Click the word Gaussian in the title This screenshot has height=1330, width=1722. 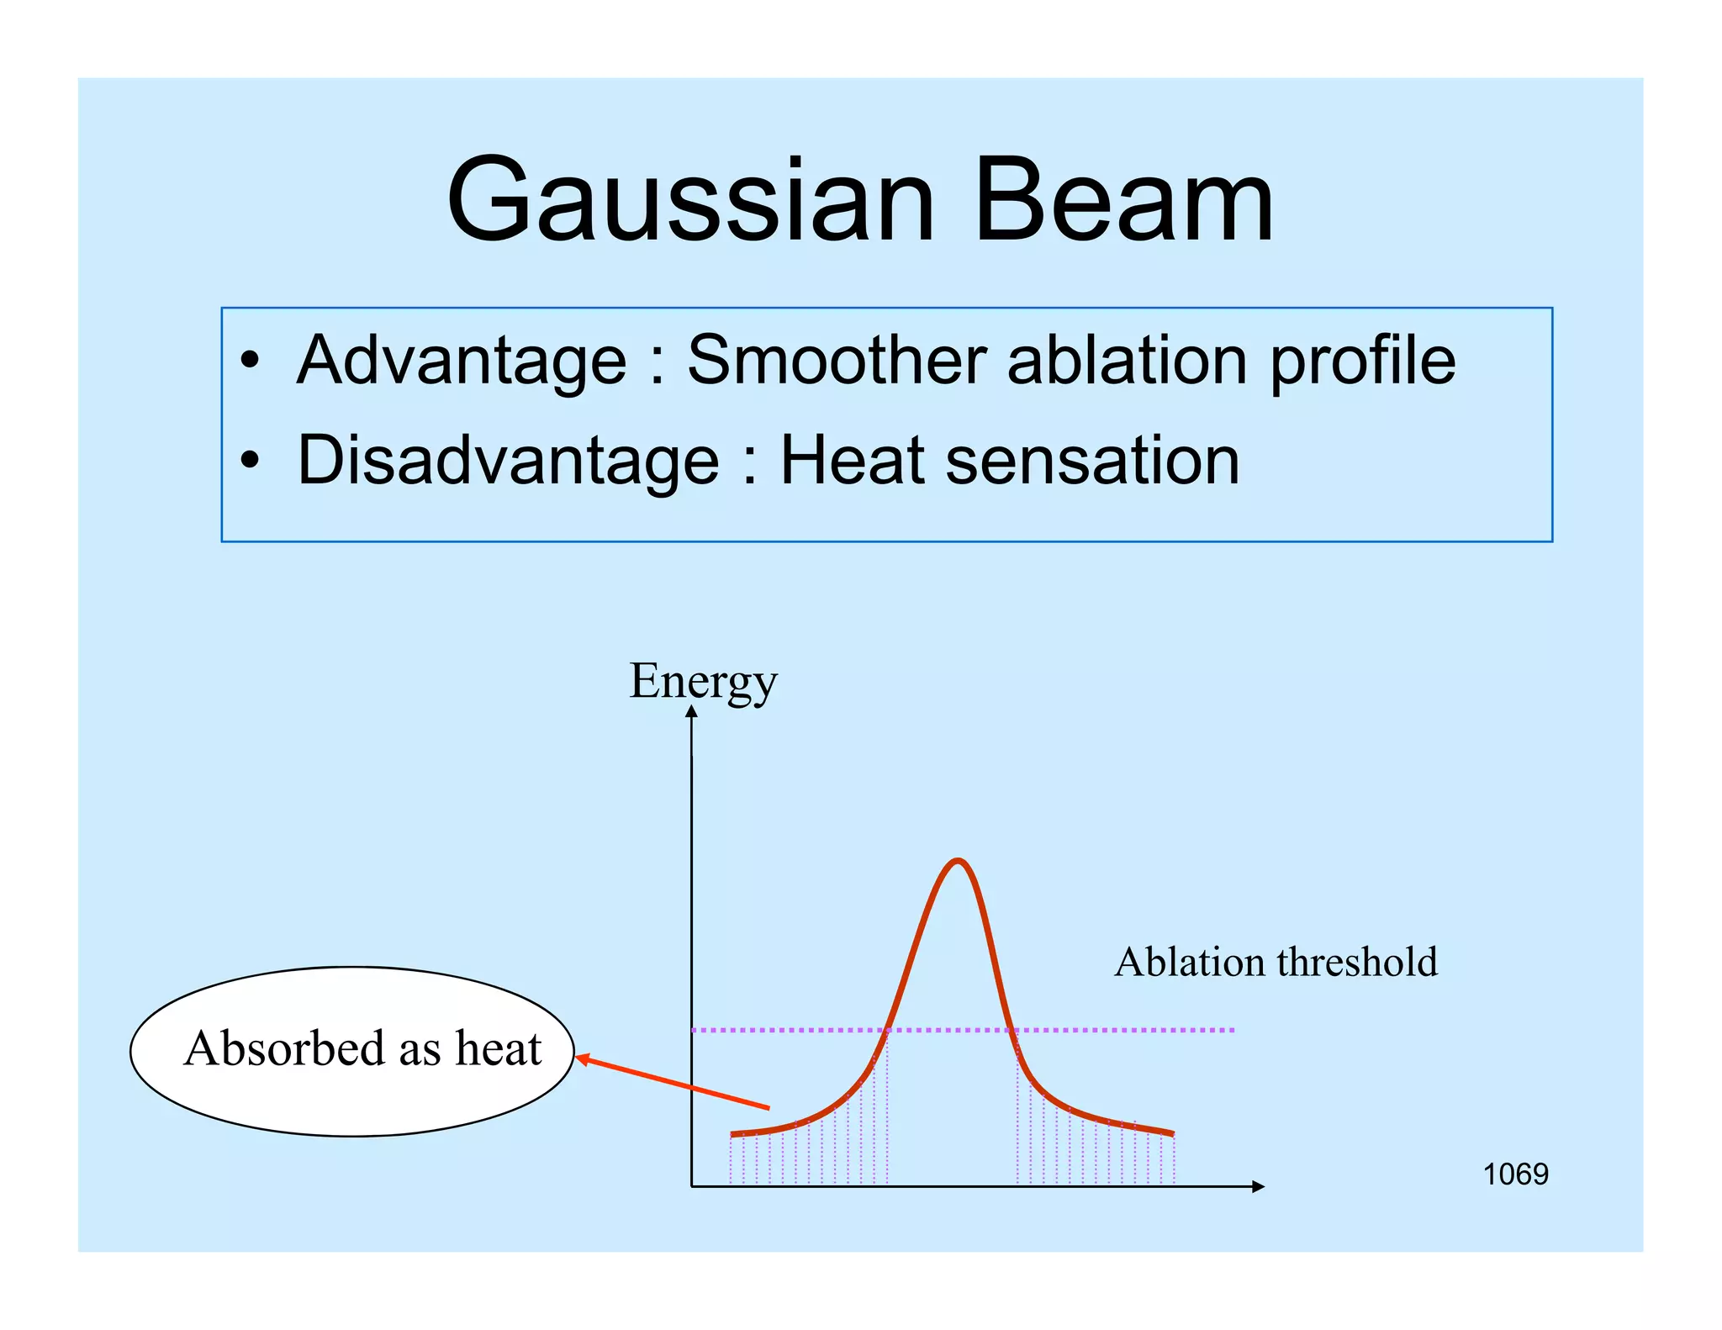[689, 202]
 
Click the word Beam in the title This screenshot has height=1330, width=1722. [1122, 202]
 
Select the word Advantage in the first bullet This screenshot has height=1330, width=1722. [462, 362]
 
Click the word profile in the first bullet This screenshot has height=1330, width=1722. [1362, 362]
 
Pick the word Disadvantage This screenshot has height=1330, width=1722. [508, 461]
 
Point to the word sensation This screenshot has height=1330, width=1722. [1092, 461]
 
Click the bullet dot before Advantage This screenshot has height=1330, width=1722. [250, 362]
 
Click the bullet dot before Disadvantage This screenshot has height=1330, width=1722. [250, 461]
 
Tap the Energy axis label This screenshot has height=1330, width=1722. [703, 681]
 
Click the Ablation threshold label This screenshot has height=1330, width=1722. [1276, 962]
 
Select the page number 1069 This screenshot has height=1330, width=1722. [1514, 1174]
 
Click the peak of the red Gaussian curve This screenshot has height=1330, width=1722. [958, 861]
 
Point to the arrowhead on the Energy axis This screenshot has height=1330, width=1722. [691, 711]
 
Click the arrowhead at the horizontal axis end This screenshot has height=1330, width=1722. [1259, 1186]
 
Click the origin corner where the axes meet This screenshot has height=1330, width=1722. [691, 1186]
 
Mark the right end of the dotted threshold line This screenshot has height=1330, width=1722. [1233, 1029]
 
